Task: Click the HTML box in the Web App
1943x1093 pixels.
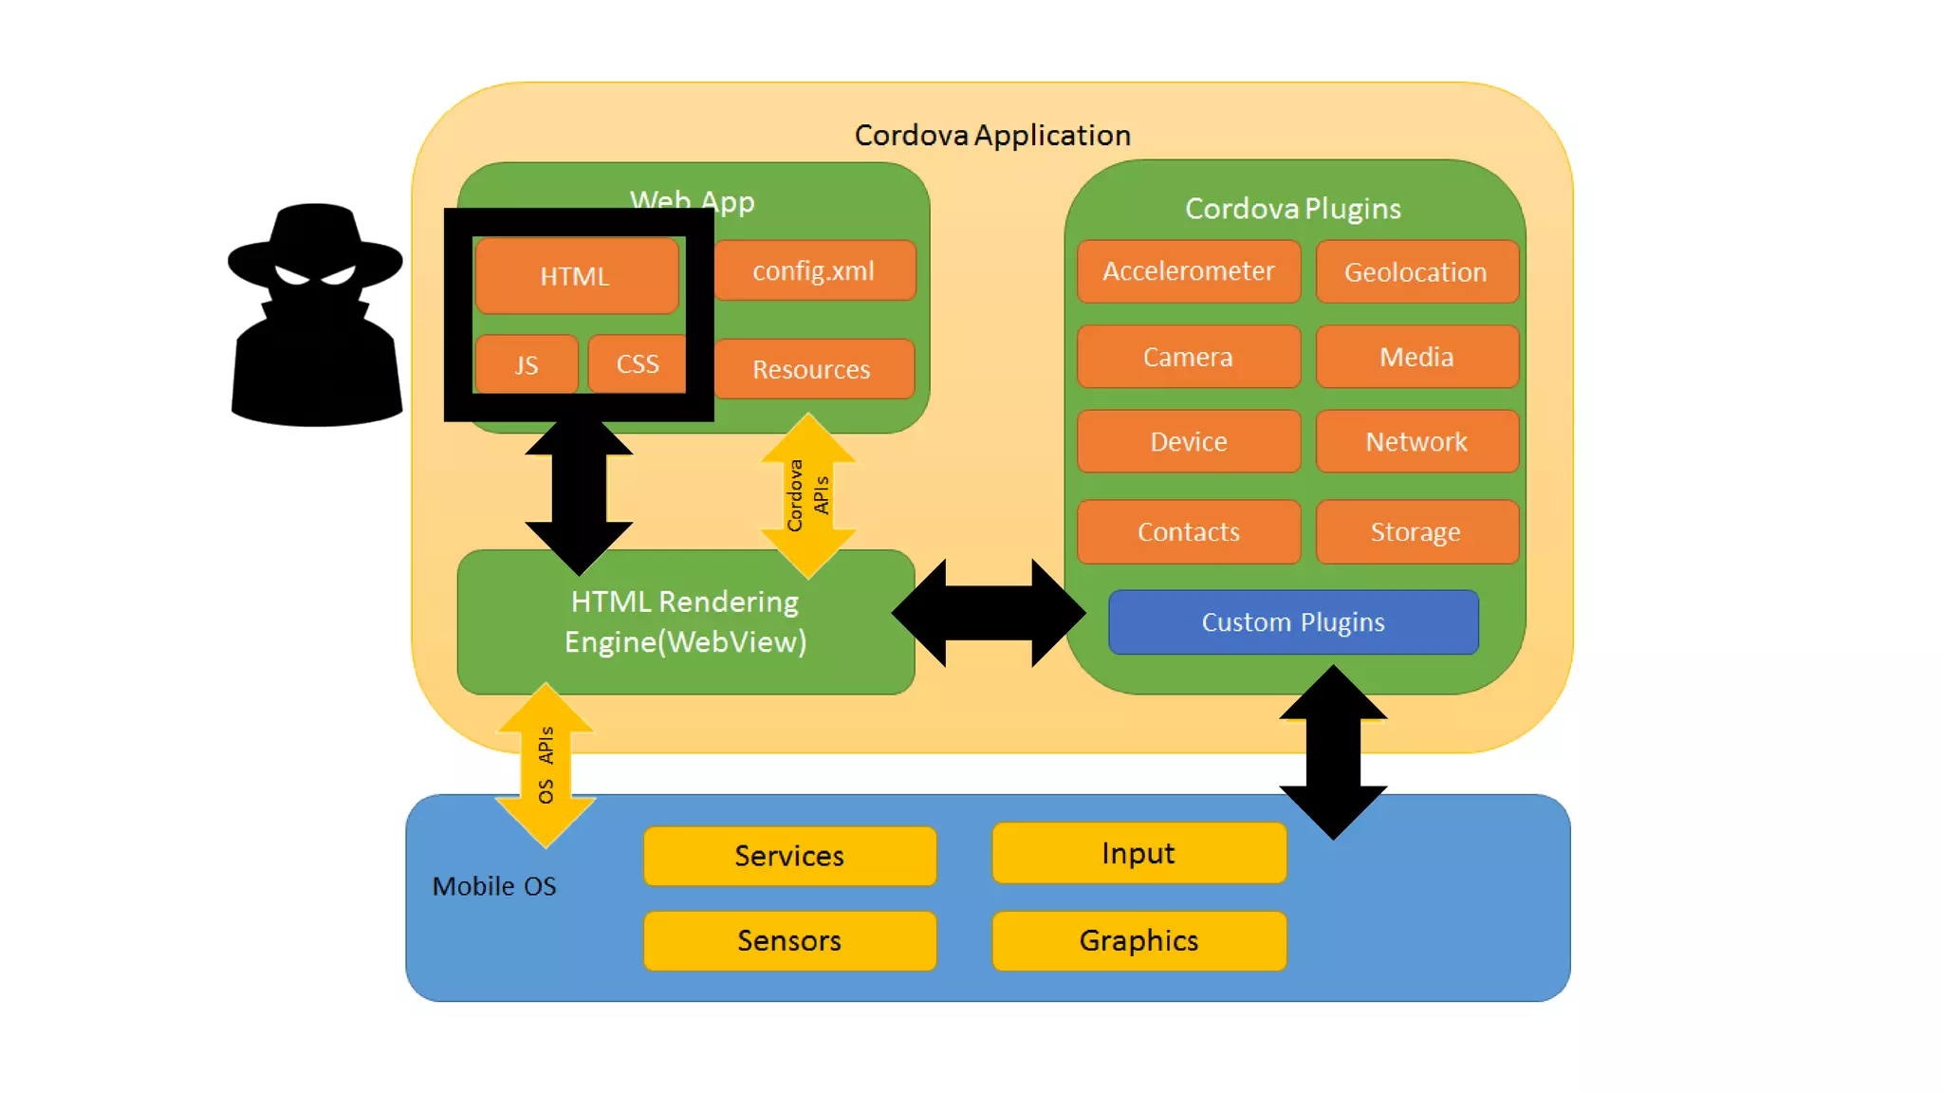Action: [576, 276]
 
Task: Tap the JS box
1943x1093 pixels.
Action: [527, 364]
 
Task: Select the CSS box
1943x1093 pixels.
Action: [637, 363]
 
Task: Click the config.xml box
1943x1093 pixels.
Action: [814, 271]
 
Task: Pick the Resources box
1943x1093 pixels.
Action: [812, 369]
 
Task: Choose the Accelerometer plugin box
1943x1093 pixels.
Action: [1189, 271]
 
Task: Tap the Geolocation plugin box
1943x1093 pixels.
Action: [1416, 272]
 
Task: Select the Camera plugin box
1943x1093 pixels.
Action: [1189, 357]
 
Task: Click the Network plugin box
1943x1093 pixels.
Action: [1416, 441]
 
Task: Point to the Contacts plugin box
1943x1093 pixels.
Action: [1189, 531]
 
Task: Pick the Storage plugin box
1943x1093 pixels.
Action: [1416, 531]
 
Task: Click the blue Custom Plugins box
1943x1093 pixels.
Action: [1293, 622]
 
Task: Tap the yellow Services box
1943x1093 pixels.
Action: [789, 856]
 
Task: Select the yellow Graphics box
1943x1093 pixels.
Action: [1138, 940]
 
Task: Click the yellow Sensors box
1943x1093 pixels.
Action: [789, 940]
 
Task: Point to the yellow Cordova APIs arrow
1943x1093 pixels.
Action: [808, 495]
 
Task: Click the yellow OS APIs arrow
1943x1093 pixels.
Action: [546, 765]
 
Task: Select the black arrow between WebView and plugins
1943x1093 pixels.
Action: [989, 613]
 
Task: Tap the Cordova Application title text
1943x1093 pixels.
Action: [992, 136]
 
